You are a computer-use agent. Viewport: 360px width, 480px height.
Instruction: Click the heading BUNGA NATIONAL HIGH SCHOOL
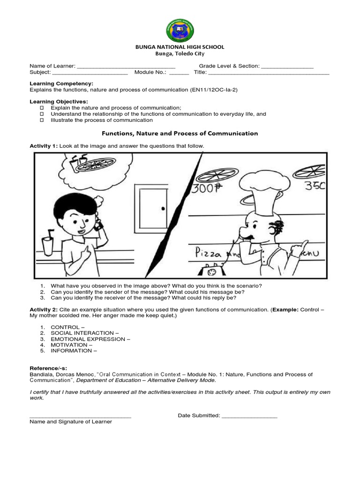(180, 47)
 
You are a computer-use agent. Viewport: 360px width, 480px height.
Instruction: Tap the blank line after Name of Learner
(126, 67)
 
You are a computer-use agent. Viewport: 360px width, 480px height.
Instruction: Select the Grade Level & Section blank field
(287, 67)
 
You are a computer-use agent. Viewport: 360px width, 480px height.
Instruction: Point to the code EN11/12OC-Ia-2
(214, 90)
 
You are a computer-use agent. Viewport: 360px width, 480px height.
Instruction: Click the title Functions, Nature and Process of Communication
(180, 133)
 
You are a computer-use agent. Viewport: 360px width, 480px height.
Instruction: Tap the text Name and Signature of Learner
(71, 422)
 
